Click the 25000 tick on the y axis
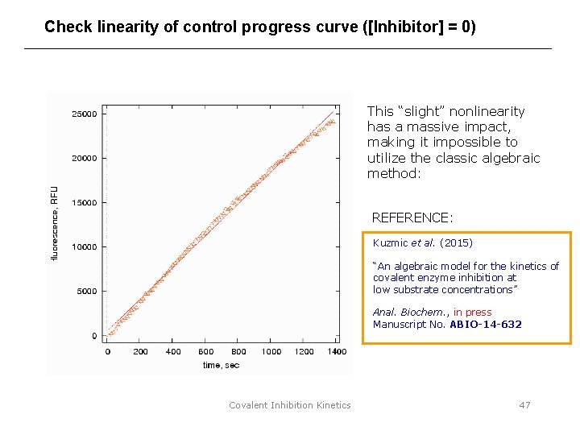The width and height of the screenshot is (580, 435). point(84,114)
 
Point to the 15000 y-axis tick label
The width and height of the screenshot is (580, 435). point(84,203)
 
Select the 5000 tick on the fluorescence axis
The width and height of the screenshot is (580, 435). point(86,292)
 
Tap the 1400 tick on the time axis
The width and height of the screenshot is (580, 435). point(337,352)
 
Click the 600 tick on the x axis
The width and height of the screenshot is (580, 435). point(205,352)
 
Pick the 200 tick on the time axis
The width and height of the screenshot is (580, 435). point(140,352)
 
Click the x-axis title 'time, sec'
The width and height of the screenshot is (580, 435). point(221,366)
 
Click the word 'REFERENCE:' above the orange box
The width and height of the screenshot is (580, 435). point(412,217)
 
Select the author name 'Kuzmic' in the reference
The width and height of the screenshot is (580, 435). point(391,242)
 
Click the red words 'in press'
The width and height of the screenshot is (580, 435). point(472,313)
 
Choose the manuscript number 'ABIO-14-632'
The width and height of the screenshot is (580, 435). point(485,325)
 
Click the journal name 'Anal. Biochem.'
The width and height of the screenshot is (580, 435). point(410,313)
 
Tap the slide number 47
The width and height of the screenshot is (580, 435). point(524,405)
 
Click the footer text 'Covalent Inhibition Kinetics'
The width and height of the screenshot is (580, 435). point(290,405)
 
